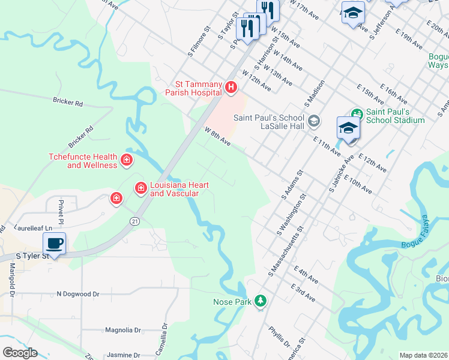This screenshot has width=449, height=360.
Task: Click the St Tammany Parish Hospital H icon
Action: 231,88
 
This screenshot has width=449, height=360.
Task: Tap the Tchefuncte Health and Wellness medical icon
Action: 126,159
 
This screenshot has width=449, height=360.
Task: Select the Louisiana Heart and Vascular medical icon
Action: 140,188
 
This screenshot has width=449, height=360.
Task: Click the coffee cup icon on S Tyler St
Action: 54,244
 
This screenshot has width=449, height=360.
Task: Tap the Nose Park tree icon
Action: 260,300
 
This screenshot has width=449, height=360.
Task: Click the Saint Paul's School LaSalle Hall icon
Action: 313,122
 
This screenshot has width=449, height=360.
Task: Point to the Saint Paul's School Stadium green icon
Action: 357,113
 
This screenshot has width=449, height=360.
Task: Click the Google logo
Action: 20,353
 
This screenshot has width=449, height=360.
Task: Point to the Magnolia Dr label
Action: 122,330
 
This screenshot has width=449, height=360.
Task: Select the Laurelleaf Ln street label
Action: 34,229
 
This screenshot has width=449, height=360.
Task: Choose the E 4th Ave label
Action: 306,275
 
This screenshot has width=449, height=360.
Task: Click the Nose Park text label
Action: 232,302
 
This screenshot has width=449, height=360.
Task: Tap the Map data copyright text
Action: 423,355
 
